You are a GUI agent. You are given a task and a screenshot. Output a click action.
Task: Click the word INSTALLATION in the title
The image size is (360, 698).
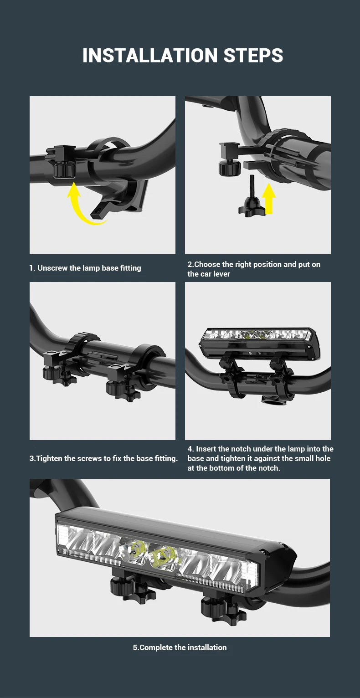(150, 56)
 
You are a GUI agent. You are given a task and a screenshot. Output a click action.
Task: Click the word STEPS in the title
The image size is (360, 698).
(253, 56)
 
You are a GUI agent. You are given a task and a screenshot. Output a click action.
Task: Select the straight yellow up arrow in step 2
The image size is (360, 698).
(269, 198)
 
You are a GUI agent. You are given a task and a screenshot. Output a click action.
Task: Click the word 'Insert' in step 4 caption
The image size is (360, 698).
(206, 449)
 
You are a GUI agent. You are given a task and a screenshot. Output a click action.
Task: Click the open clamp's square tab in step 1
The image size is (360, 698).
(101, 210)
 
